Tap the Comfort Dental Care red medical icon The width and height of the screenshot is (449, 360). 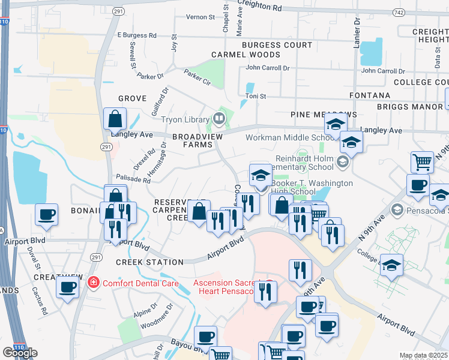pyautogui.click(x=93, y=282)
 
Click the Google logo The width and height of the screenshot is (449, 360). pyautogui.click(x=20, y=353)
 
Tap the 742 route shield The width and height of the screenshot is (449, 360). pyautogui.click(x=398, y=12)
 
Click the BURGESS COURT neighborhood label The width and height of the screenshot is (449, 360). pyautogui.click(x=277, y=45)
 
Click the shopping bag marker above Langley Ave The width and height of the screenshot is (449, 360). pyautogui.click(x=115, y=119)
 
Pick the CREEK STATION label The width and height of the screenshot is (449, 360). pyautogui.click(x=149, y=262)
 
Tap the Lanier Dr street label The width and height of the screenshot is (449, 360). pyautogui.click(x=357, y=30)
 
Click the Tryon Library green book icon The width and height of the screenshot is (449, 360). pyautogui.click(x=219, y=118)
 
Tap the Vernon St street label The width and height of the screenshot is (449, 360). pyautogui.click(x=200, y=17)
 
